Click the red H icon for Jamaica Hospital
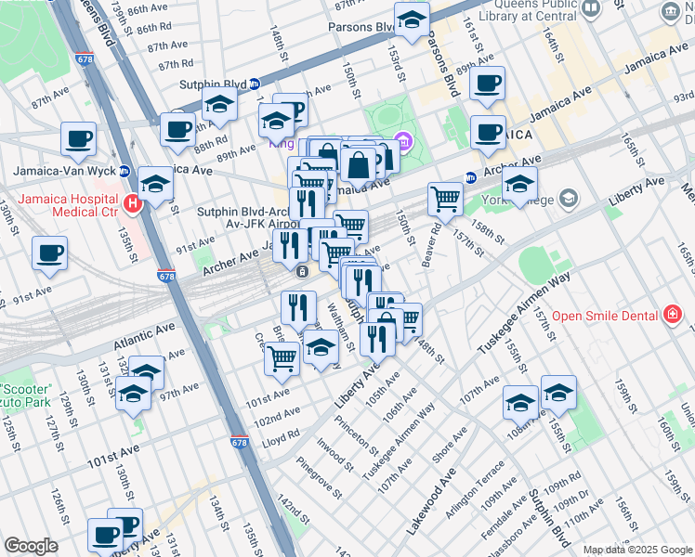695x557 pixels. pyautogui.click(x=132, y=204)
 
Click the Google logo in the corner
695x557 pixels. pyautogui.click(x=31, y=546)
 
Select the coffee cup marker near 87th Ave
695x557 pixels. pyautogui.click(x=78, y=138)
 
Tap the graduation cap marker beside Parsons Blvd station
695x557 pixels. pyautogui.click(x=412, y=18)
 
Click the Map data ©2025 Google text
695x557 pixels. pyautogui.click(x=637, y=549)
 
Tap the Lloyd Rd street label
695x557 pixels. pyautogui.click(x=280, y=438)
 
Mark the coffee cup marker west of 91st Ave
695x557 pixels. pyautogui.click(x=49, y=253)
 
